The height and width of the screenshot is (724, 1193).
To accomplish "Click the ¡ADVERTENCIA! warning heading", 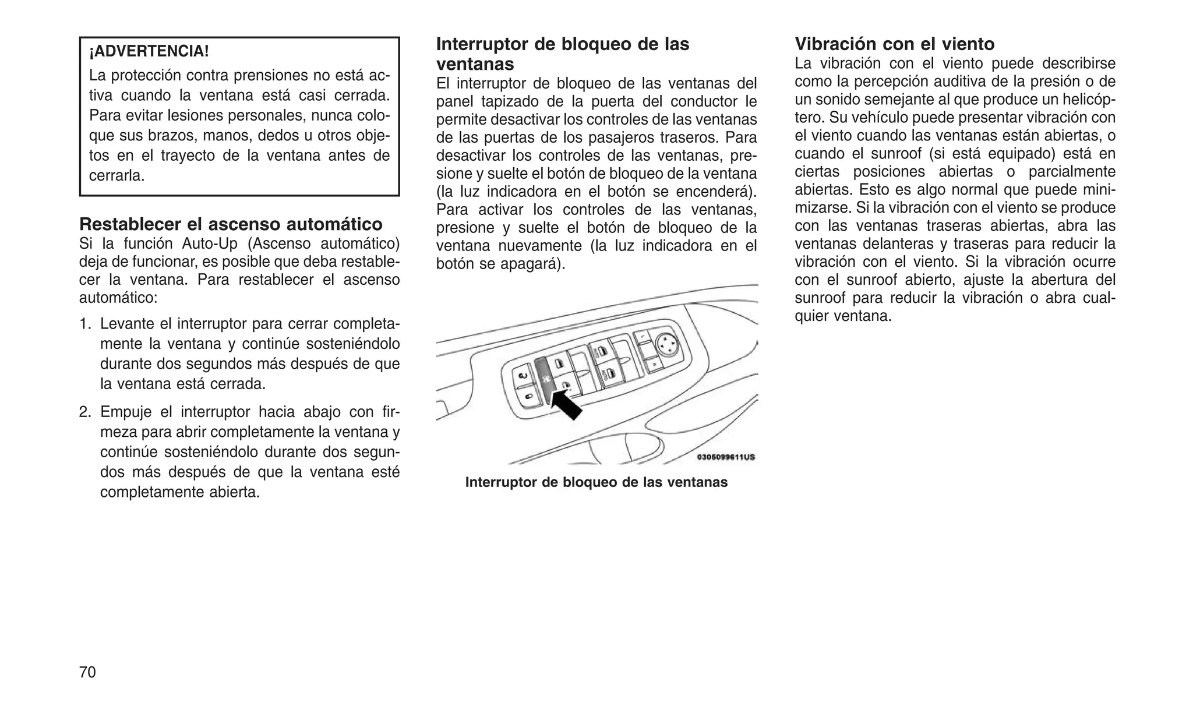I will [149, 51].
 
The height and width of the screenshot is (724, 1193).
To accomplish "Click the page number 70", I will [87, 672].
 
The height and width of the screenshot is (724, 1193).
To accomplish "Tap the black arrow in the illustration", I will [566, 405].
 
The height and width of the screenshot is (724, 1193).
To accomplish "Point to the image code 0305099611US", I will [726, 457].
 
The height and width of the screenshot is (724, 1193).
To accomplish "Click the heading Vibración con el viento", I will [895, 44].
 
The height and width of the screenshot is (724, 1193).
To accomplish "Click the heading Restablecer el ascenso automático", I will [231, 224].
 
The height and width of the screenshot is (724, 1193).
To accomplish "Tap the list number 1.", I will [85, 324].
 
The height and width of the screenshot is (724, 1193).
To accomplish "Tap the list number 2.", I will [85, 412].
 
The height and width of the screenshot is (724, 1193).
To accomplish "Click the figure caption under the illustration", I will [596, 482].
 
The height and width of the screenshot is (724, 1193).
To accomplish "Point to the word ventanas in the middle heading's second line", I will [475, 64].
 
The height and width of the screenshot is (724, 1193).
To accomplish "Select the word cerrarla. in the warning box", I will [117, 176].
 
